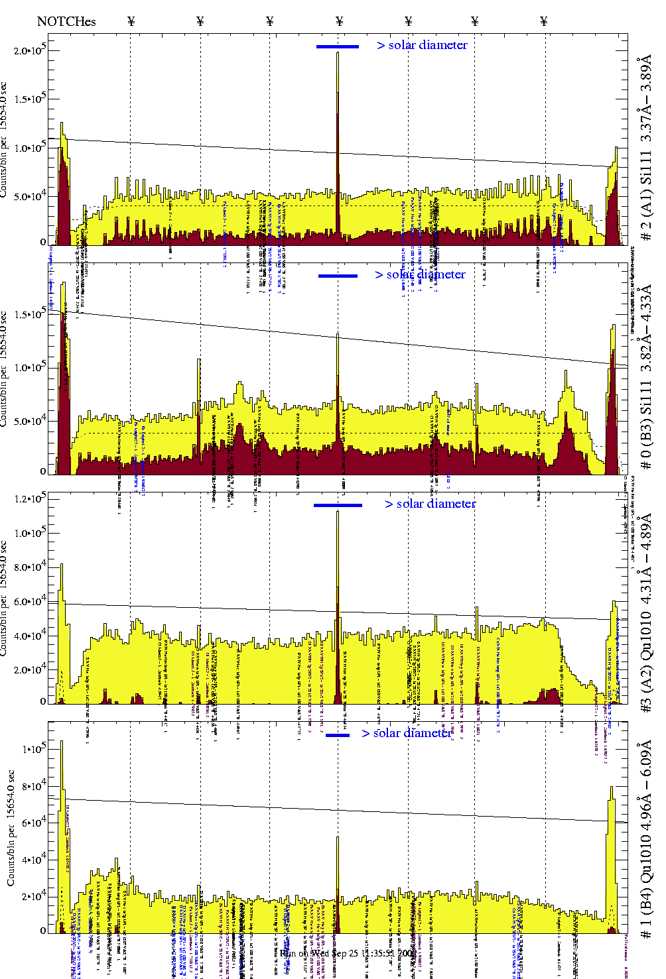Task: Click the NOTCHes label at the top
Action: coord(66,21)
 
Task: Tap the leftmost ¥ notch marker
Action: coord(131,21)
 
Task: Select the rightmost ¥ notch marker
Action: coord(544,21)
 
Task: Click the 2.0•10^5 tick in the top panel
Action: coord(30,50)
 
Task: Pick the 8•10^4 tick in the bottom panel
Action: coord(34,785)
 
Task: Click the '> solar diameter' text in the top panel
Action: coord(422,45)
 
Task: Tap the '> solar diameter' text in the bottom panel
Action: coord(407,733)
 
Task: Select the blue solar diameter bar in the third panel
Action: coord(338,505)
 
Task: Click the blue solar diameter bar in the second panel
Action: coord(338,276)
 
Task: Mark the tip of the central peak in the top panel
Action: coord(338,53)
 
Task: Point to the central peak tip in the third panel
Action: coord(338,512)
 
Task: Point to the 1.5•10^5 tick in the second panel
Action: coord(30,314)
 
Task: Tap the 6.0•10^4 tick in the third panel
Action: coord(30,602)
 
